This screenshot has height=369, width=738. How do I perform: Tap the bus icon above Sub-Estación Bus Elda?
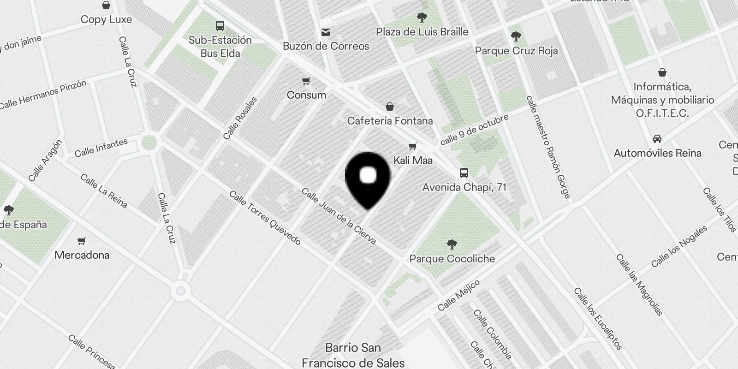click(x=220, y=26)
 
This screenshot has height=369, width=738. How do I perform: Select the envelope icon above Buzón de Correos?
click(x=326, y=32)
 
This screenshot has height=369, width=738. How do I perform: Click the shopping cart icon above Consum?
click(x=306, y=82)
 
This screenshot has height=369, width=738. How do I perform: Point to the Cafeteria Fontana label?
click(x=390, y=121)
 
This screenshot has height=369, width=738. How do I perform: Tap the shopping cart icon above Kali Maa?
click(x=412, y=147)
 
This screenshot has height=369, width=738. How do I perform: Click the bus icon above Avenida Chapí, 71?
click(x=464, y=173)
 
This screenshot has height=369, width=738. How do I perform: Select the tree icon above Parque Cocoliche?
click(x=452, y=244)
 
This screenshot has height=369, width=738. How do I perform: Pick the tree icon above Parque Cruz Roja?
click(x=516, y=36)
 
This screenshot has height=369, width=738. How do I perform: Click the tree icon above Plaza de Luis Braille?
click(x=422, y=18)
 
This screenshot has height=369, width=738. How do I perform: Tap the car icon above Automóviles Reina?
click(x=657, y=139)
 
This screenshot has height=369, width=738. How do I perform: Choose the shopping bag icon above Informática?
click(x=662, y=72)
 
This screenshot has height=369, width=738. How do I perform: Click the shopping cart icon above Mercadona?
click(x=82, y=241)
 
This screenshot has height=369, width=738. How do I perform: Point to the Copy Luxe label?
click(x=106, y=19)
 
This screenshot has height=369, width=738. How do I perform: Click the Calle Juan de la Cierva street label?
click(x=339, y=216)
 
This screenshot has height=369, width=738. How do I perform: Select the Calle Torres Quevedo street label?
click(x=265, y=218)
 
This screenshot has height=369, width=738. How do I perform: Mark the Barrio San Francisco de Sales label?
click(x=353, y=355)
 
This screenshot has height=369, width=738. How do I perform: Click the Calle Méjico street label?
click(x=459, y=295)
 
